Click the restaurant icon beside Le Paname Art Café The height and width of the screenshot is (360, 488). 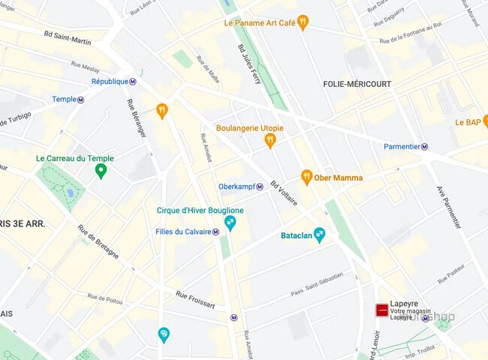(x=303, y=22)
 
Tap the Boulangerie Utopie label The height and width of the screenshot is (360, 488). (x=249, y=127)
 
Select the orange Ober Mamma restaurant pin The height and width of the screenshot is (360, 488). (x=306, y=177)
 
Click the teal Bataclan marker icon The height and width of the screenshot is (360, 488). (x=319, y=235)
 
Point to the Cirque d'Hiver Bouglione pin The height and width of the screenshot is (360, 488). (x=230, y=223)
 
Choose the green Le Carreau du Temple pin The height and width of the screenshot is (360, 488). (x=100, y=172)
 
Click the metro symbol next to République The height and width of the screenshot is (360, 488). (x=133, y=82)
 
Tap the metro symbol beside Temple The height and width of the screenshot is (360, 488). (x=81, y=100)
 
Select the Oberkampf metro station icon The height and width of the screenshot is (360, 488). (x=260, y=187)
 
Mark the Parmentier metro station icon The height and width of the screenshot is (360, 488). (x=424, y=147)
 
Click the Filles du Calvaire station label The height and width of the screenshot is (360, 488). (x=182, y=232)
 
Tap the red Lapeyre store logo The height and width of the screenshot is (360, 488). (x=381, y=310)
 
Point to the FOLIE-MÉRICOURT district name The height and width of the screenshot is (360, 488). (x=357, y=84)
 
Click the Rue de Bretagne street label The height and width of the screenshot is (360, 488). (x=98, y=241)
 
